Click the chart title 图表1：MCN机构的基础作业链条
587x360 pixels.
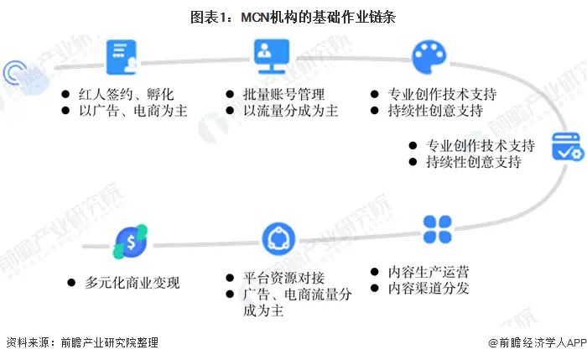[293, 16]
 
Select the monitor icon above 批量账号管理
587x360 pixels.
[270, 57]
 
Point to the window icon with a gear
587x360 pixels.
[566, 148]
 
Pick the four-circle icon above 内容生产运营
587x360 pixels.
[436, 228]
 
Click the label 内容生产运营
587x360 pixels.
[429, 272]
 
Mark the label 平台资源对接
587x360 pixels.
[284, 278]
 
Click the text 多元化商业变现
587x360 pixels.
[132, 282]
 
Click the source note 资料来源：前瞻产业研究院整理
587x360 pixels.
[81, 342]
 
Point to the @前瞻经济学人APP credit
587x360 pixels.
[536, 342]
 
